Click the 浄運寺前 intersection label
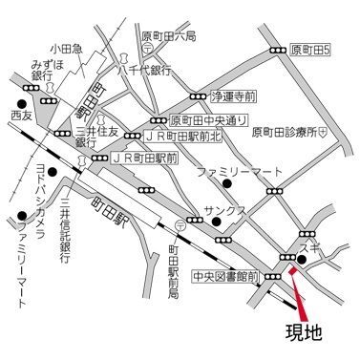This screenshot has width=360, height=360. [234, 96]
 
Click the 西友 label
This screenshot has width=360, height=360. [21, 115]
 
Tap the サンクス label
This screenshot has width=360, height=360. [224, 209]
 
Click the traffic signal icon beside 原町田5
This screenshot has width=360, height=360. [278, 49]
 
